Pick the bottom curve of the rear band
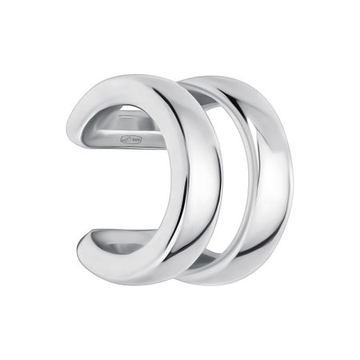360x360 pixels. click(240, 276)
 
